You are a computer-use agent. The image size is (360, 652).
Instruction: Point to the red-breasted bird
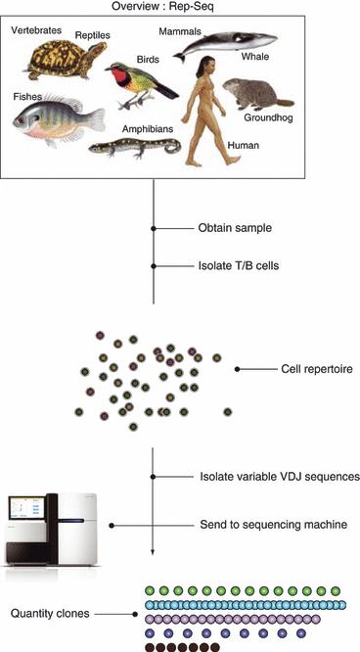138,80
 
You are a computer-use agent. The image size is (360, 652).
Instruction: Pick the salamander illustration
137,146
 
